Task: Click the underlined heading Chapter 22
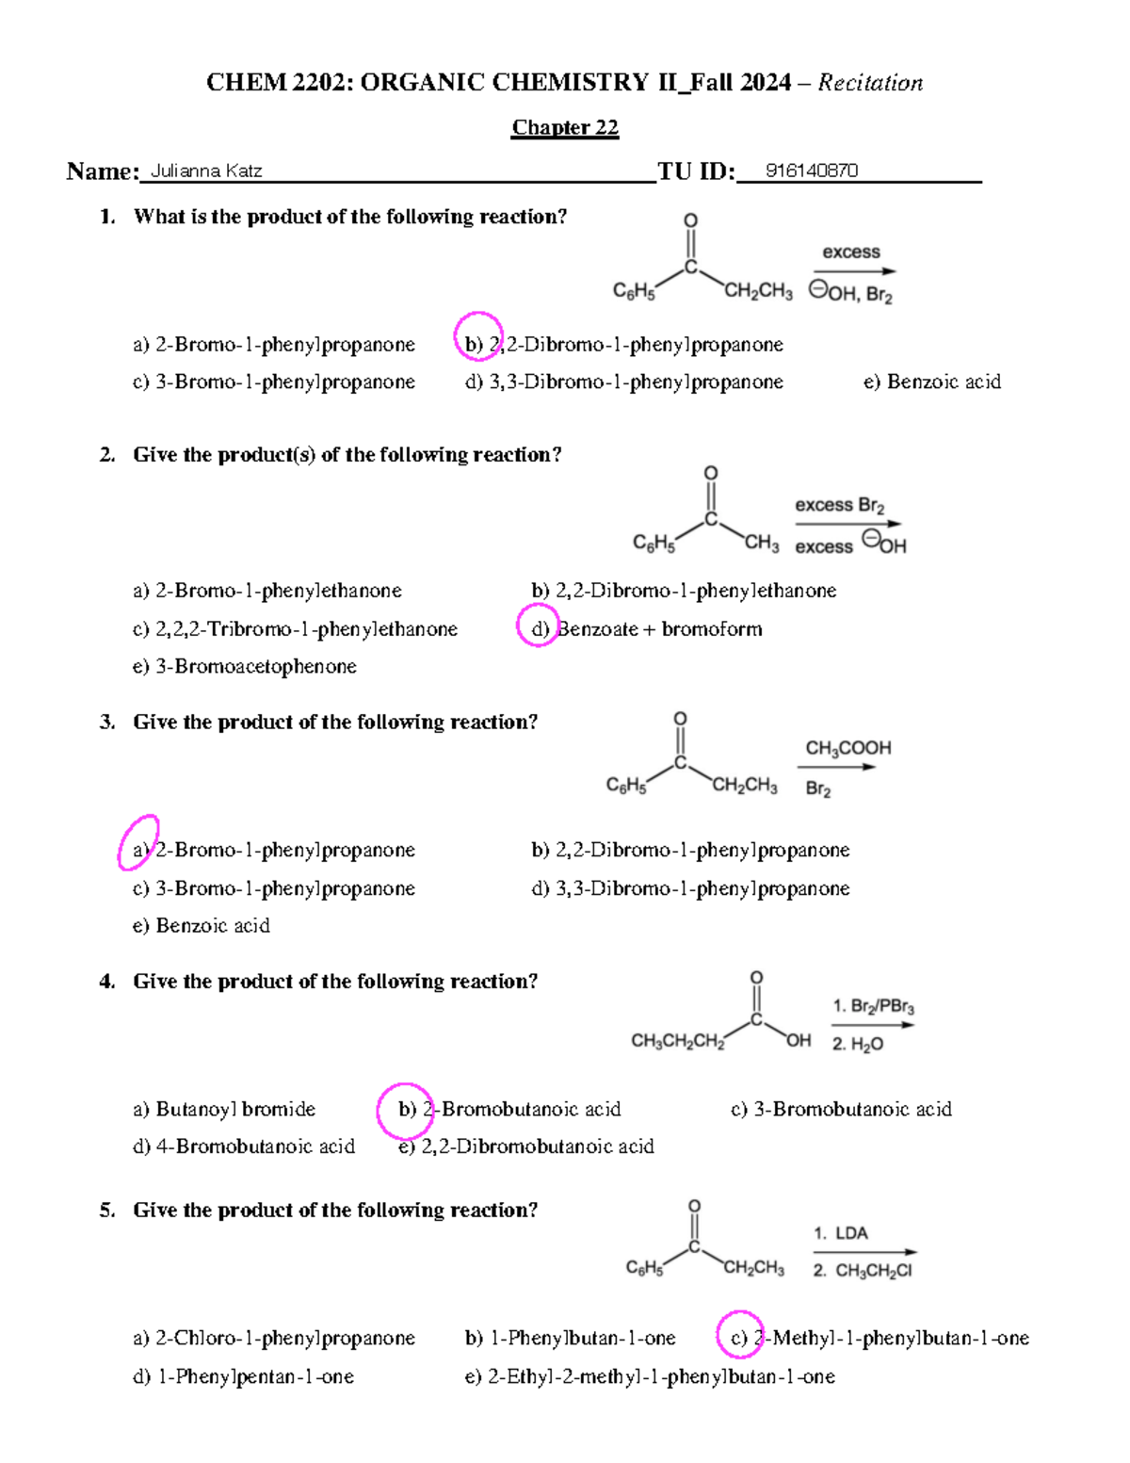(565, 127)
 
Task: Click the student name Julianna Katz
(206, 171)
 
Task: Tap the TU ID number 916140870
(811, 171)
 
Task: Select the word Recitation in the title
(870, 83)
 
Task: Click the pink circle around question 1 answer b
(477, 336)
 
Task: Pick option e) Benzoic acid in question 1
(931, 382)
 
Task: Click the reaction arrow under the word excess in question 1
(854, 271)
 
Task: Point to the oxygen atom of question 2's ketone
(711, 473)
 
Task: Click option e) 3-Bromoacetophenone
(245, 666)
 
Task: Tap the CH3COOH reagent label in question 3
(847, 748)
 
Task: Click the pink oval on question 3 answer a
(138, 842)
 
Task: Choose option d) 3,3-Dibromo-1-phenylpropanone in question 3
(690, 888)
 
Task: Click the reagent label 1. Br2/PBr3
(873, 1006)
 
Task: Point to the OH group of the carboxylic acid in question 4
(798, 1040)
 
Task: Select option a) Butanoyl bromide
(224, 1109)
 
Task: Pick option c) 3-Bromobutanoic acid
(841, 1109)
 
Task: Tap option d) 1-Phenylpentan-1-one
(243, 1376)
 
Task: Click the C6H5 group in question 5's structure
(644, 1269)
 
